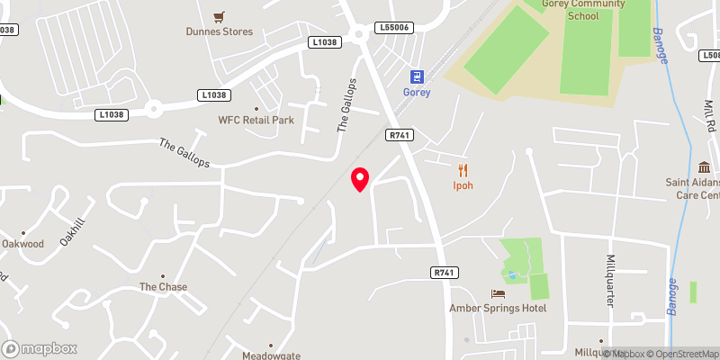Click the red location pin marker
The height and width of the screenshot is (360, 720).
[360, 179]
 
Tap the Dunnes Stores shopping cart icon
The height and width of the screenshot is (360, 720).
[218, 16]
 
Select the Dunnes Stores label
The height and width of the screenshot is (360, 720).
[220, 31]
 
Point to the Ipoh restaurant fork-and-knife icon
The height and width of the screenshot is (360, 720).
[463, 170]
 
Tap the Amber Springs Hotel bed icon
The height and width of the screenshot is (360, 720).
[498, 294]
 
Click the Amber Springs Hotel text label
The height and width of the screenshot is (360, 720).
[498, 309]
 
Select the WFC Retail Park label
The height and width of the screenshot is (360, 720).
[256, 120]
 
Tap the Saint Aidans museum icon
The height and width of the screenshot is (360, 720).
[703, 168]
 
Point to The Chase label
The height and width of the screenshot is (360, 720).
[163, 287]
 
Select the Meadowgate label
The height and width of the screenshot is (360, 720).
[270, 355]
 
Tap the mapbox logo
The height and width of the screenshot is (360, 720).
[40, 348]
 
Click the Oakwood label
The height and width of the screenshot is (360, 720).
[22, 244]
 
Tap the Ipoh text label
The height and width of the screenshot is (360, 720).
[463, 186]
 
